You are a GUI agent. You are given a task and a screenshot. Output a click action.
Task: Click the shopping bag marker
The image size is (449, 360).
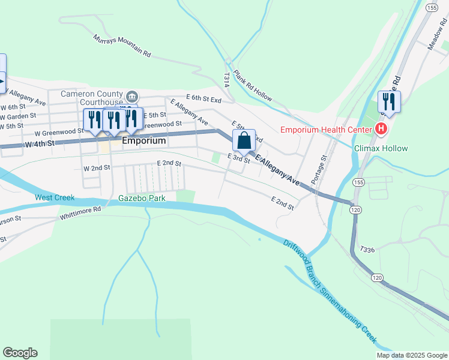click(244, 142)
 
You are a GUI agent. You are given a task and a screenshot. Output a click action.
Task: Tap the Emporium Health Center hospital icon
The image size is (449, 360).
click(380, 128)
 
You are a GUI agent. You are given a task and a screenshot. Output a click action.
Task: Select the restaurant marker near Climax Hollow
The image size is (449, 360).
click(389, 102)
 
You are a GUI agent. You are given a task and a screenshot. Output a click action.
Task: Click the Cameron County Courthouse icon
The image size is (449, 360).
click(133, 96)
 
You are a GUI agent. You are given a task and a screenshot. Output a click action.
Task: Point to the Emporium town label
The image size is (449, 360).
click(143, 141)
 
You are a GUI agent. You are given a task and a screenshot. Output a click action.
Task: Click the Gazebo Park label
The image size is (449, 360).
click(142, 197)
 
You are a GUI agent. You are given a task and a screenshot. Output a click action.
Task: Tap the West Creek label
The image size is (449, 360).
click(55, 197)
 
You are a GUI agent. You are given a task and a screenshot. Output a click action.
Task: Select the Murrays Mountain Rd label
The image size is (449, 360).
click(122, 46)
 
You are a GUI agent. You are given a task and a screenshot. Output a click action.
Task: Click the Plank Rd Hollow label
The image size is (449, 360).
click(253, 86)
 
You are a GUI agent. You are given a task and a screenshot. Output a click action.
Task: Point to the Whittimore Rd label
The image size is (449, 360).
click(80, 212)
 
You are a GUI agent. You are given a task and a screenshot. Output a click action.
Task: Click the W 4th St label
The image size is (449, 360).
click(40, 144)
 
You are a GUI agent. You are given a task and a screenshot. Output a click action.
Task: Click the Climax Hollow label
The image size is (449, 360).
click(381, 148)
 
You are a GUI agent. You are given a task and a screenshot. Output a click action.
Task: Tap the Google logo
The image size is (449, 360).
click(20, 353)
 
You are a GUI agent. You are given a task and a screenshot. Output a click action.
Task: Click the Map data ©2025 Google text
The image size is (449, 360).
click(411, 355)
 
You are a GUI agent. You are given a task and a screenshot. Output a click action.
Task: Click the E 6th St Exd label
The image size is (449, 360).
click(203, 97)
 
